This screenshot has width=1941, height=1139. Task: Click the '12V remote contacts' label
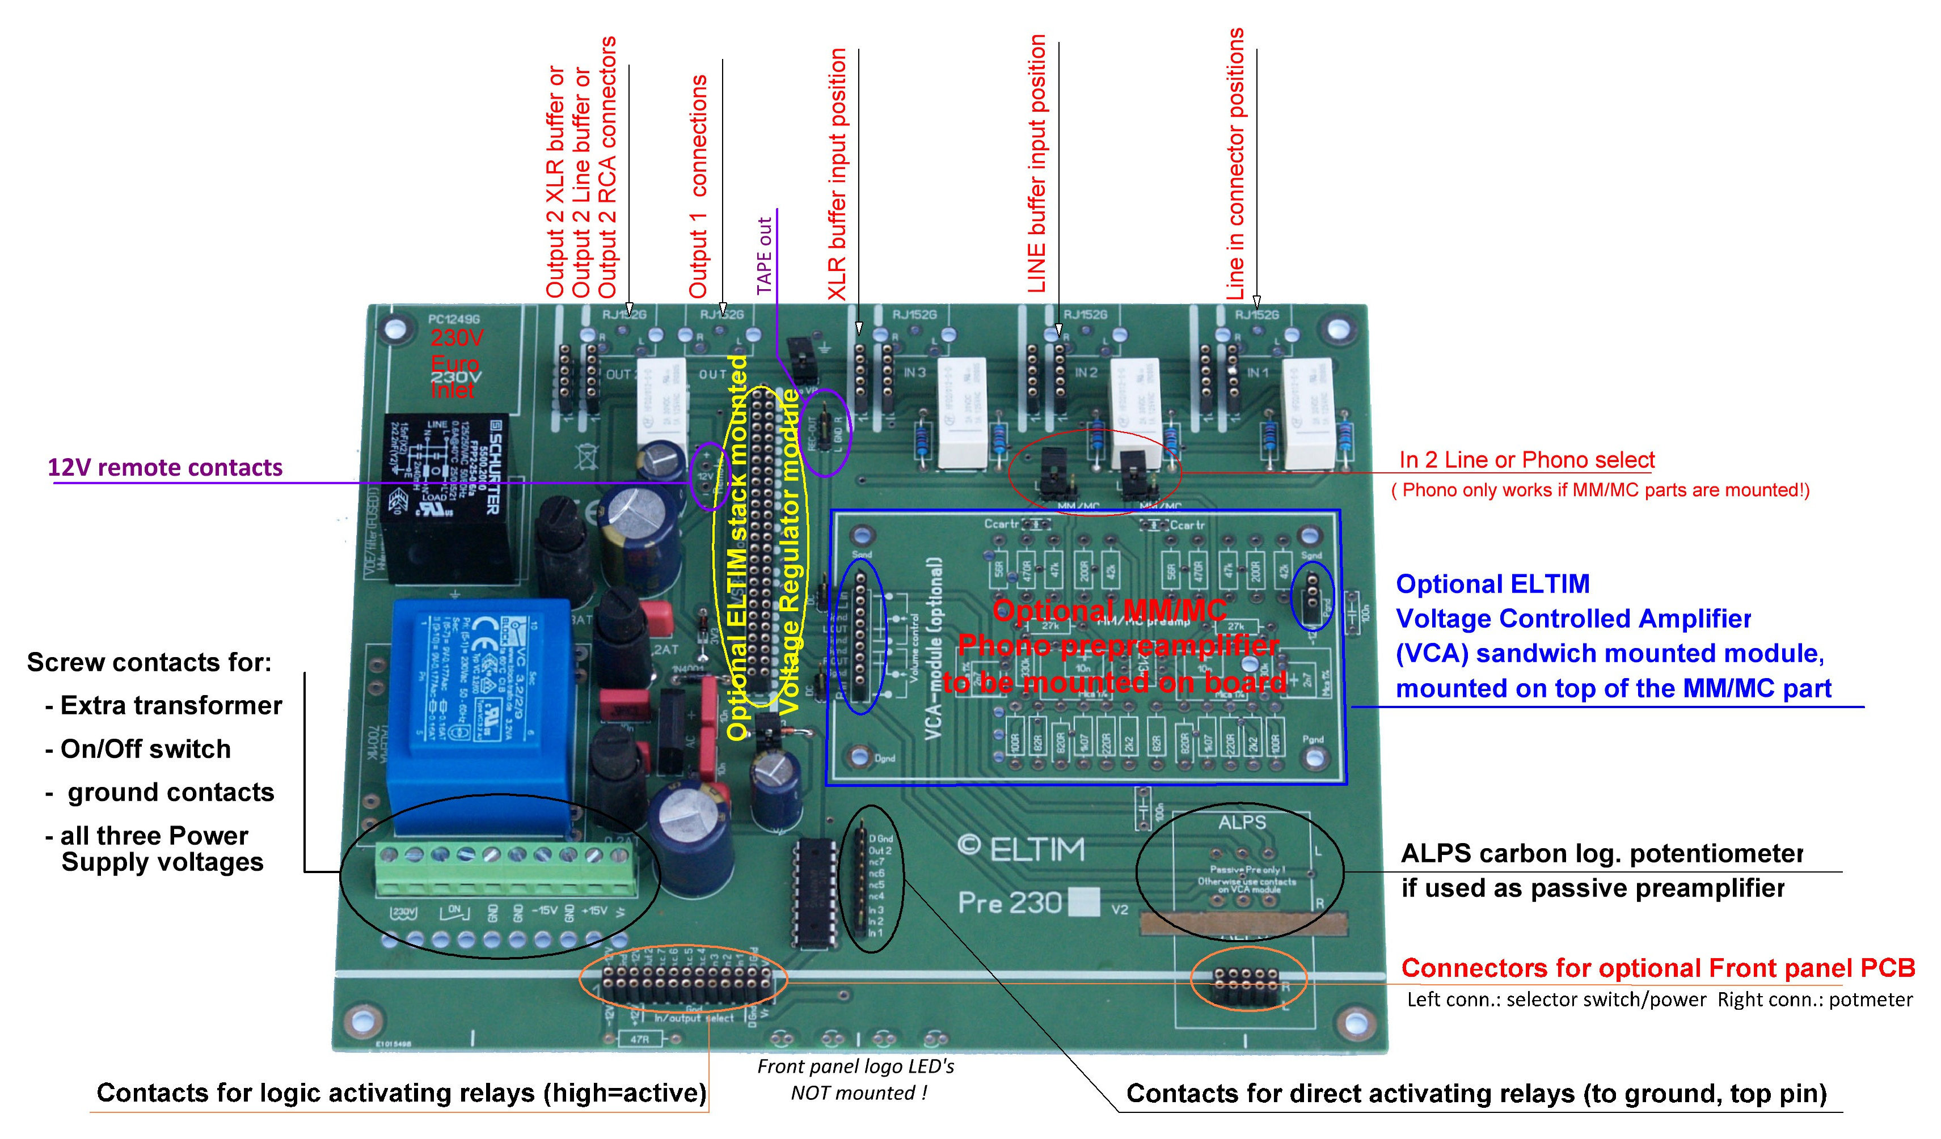[x=165, y=468]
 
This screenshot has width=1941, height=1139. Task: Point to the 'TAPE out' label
[x=764, y=256]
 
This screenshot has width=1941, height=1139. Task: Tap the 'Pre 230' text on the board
[x=1010, y=902]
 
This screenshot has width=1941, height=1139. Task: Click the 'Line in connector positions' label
[x=1235, y=164]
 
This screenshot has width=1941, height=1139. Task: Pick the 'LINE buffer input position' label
[x=1037, y=164]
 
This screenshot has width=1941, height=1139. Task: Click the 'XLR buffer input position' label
[x=837, y=174]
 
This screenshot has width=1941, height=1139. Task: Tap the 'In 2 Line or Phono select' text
[x=1526, y=460]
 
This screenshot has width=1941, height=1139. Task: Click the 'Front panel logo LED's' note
[x=856, y=1066]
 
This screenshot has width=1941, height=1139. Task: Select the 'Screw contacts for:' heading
[x=149, y=662]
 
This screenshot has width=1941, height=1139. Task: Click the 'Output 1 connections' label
[x=698, y=187]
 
